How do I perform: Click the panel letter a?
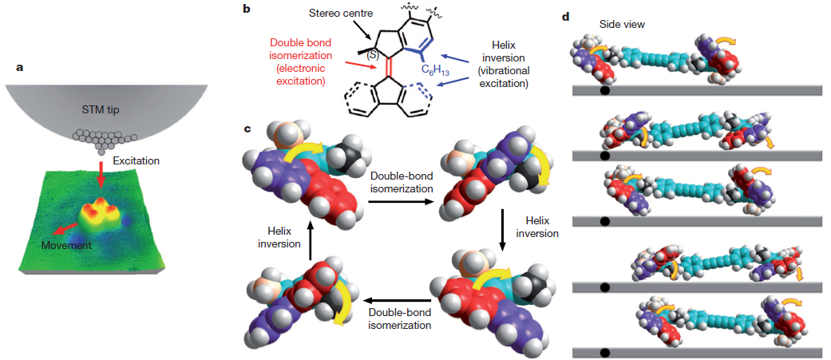pos(20,67)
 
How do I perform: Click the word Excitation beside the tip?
pos(137,160)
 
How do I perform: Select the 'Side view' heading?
pos(624,25)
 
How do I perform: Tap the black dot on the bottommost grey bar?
pos(604,351)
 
